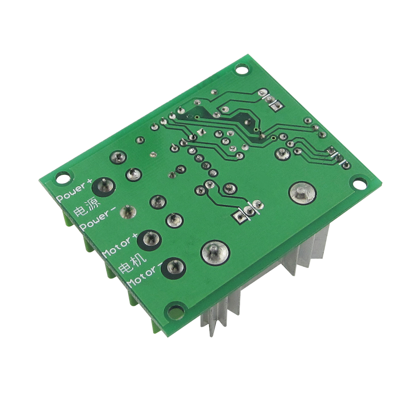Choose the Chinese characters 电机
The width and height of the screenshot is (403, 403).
(x=132, y=263)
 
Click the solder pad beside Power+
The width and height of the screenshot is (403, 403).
(x=104, y=187)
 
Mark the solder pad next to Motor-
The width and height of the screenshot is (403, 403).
(x=173, y=268)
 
